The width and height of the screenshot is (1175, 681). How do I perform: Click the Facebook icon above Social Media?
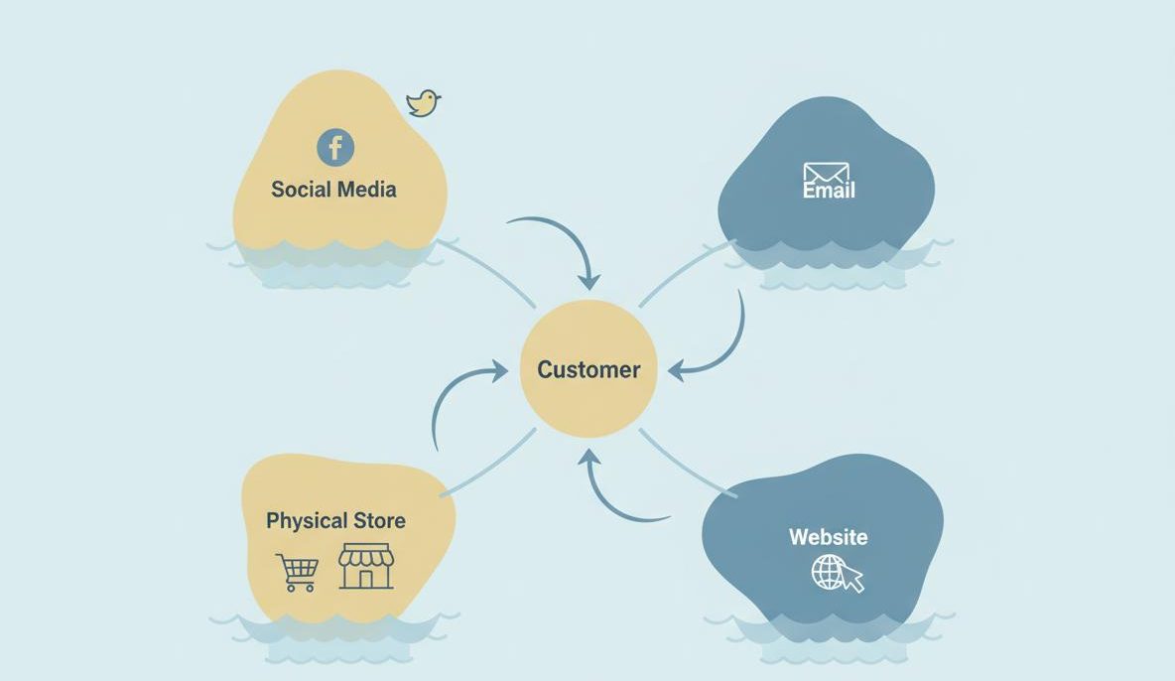tap(335, 148)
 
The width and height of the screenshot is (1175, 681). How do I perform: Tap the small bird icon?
tap(423, 102)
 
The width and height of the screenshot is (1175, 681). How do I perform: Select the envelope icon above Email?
tap(826, 173)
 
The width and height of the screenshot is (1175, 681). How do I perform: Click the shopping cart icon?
tap(298, 572)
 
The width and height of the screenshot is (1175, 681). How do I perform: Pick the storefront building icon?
tap(366, 566)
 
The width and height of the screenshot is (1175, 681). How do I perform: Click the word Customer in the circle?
tap(588, 369)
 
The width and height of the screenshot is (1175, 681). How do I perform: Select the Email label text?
tap(829, 191)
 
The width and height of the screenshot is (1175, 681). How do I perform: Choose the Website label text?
tap(828, 537)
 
